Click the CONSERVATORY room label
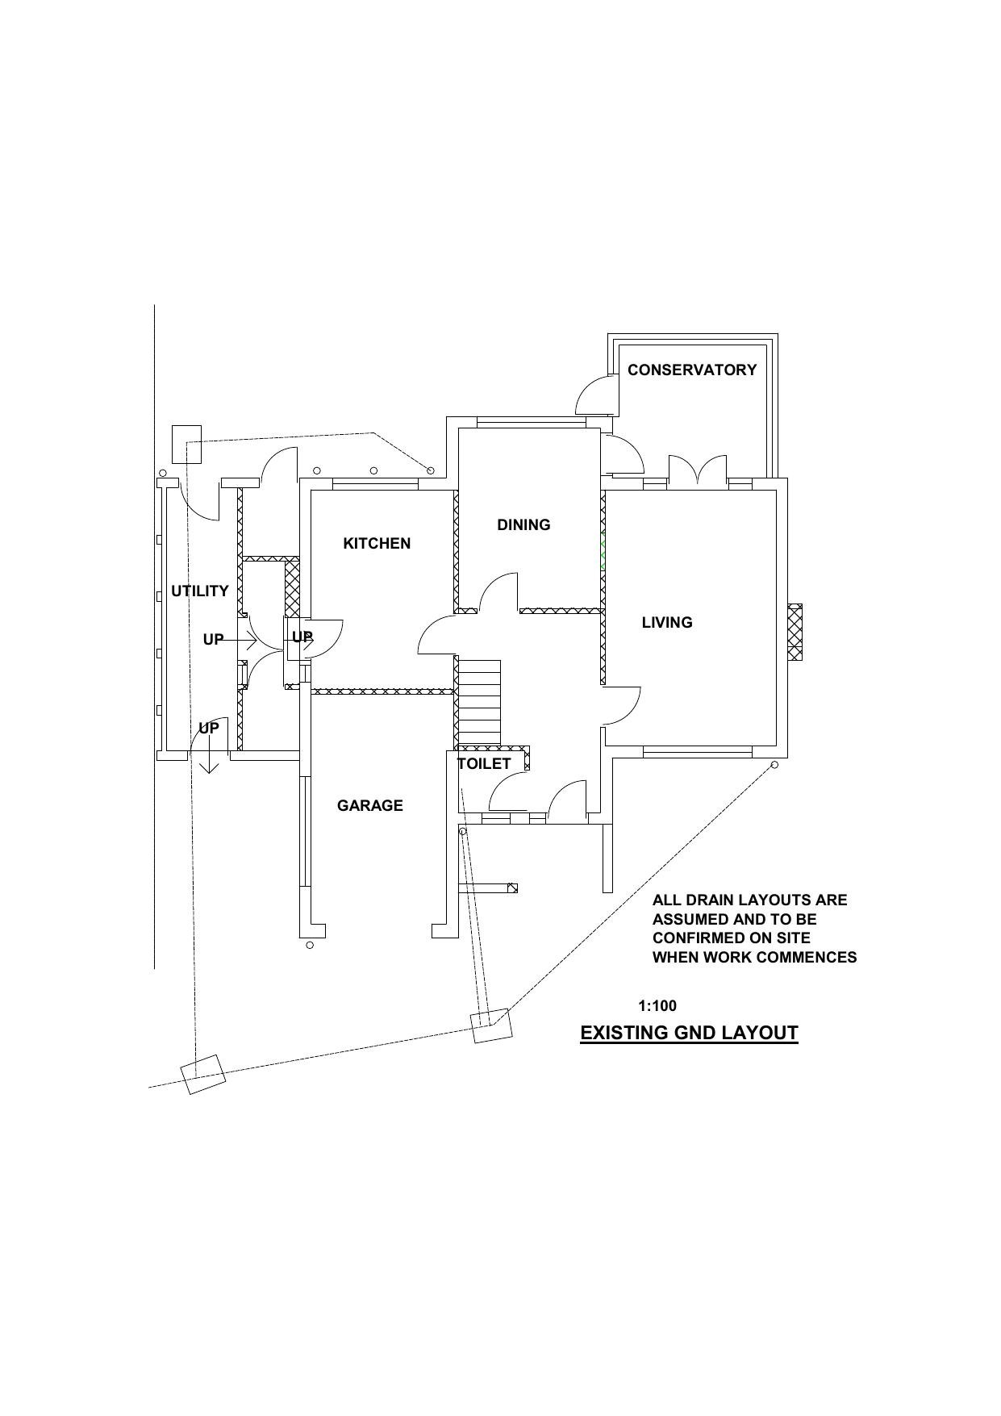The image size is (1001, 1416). point(691,370)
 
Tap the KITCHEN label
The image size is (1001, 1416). point(377,543)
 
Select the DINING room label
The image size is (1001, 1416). point(523,524)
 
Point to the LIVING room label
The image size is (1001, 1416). point(667,622)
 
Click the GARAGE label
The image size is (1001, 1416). point(370,805)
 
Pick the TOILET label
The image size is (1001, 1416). point(484,763)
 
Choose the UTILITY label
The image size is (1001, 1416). point(199,591)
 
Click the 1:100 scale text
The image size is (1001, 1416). point(657,1005)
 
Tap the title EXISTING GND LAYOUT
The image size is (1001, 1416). point(689,1033)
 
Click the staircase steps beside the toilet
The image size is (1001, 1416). point(478,702)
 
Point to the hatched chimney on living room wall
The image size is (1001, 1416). point(795,632)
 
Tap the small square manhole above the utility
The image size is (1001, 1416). point(186,444)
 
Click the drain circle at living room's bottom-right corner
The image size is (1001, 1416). point(775,764)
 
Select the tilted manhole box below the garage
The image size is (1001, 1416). point(491,1025)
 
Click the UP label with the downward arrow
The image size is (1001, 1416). point(209,729)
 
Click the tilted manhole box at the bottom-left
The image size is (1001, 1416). point(202,1075)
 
